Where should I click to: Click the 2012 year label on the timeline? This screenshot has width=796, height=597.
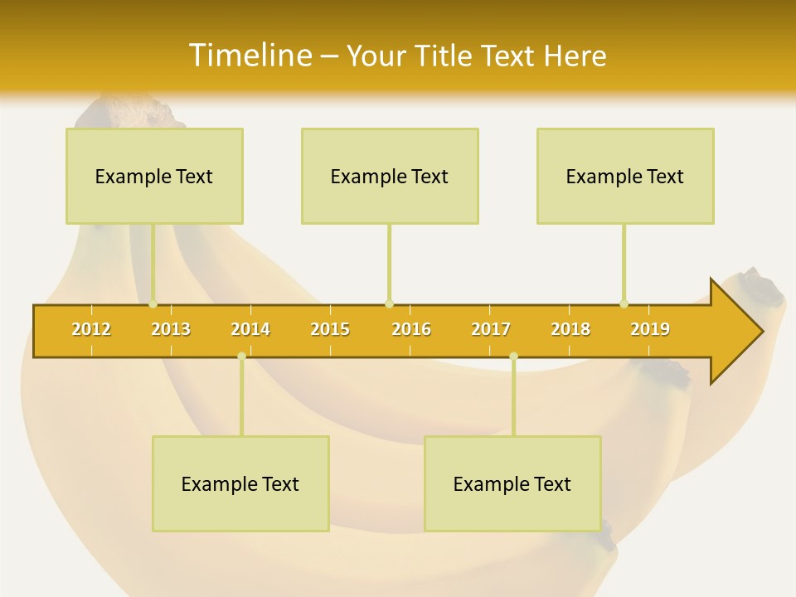point(91,330)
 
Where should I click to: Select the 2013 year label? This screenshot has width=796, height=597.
point(171,330)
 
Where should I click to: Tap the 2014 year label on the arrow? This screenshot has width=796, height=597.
point(250,330)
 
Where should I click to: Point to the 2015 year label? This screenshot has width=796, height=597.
point(330,330)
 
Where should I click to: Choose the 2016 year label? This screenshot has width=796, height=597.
point(411,330)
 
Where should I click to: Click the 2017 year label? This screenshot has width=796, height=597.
point(491,330)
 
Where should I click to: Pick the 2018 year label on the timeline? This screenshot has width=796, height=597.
point(570,330)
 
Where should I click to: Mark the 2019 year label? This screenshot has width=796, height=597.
point(650,330)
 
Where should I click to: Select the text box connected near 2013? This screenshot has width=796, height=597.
point(154,177)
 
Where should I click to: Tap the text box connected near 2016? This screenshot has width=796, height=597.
point(390,177)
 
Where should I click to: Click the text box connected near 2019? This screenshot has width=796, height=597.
point(625,177)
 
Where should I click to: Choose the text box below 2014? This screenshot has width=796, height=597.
point(240,484)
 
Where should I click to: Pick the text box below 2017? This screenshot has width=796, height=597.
point(512,484)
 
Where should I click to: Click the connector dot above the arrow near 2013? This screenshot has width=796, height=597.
point(153,303)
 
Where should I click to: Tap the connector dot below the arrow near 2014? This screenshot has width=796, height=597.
point(241,357)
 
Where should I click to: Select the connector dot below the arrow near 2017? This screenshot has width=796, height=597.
point(513,357)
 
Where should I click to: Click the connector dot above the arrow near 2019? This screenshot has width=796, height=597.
point(624,303)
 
